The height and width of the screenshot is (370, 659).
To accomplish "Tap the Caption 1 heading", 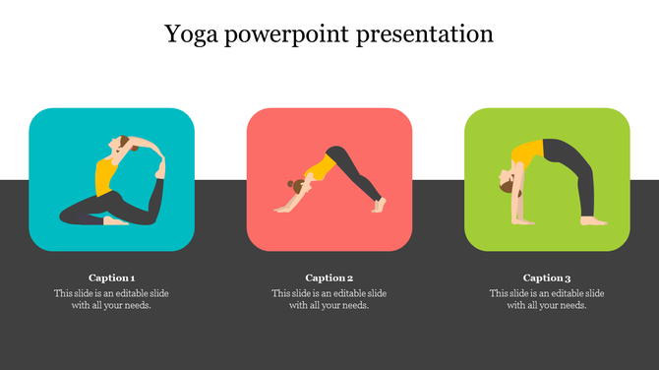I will click(x=111, y=277).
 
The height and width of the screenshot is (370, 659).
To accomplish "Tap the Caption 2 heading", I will click(x=329, y=277).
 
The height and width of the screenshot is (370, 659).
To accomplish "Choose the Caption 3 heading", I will click(x=547, y=277).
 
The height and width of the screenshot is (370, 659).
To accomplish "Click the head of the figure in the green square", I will click(x=505, y=183).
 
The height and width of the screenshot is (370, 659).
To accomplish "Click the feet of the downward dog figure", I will click(x=378, y=204).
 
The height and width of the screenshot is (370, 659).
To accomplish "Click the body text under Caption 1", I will click(x=111, y=299).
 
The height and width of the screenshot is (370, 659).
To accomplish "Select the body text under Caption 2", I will click(x=329, y=299).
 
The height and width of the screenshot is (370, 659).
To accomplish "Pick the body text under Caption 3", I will click(x=547, y=299).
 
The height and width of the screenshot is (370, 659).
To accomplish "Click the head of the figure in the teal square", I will click(x=121, y=145).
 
